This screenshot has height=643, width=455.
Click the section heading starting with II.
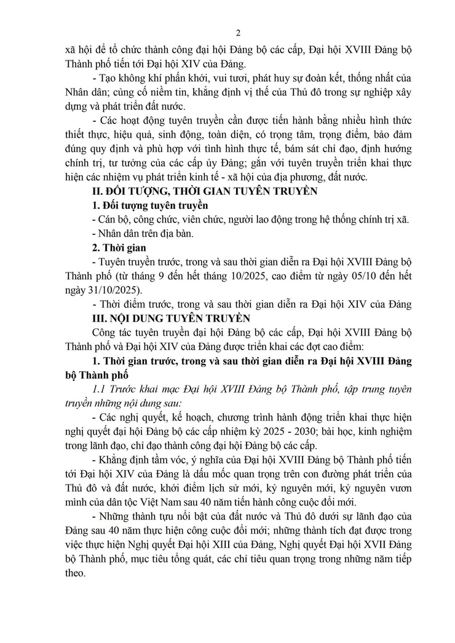pos(204,191)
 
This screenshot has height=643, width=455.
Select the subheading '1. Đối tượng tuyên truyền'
pos(149,205)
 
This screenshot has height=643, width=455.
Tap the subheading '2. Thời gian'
pos(117,248)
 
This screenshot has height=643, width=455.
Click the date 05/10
pos(344,276)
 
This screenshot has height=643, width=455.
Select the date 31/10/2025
pos(113,290)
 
